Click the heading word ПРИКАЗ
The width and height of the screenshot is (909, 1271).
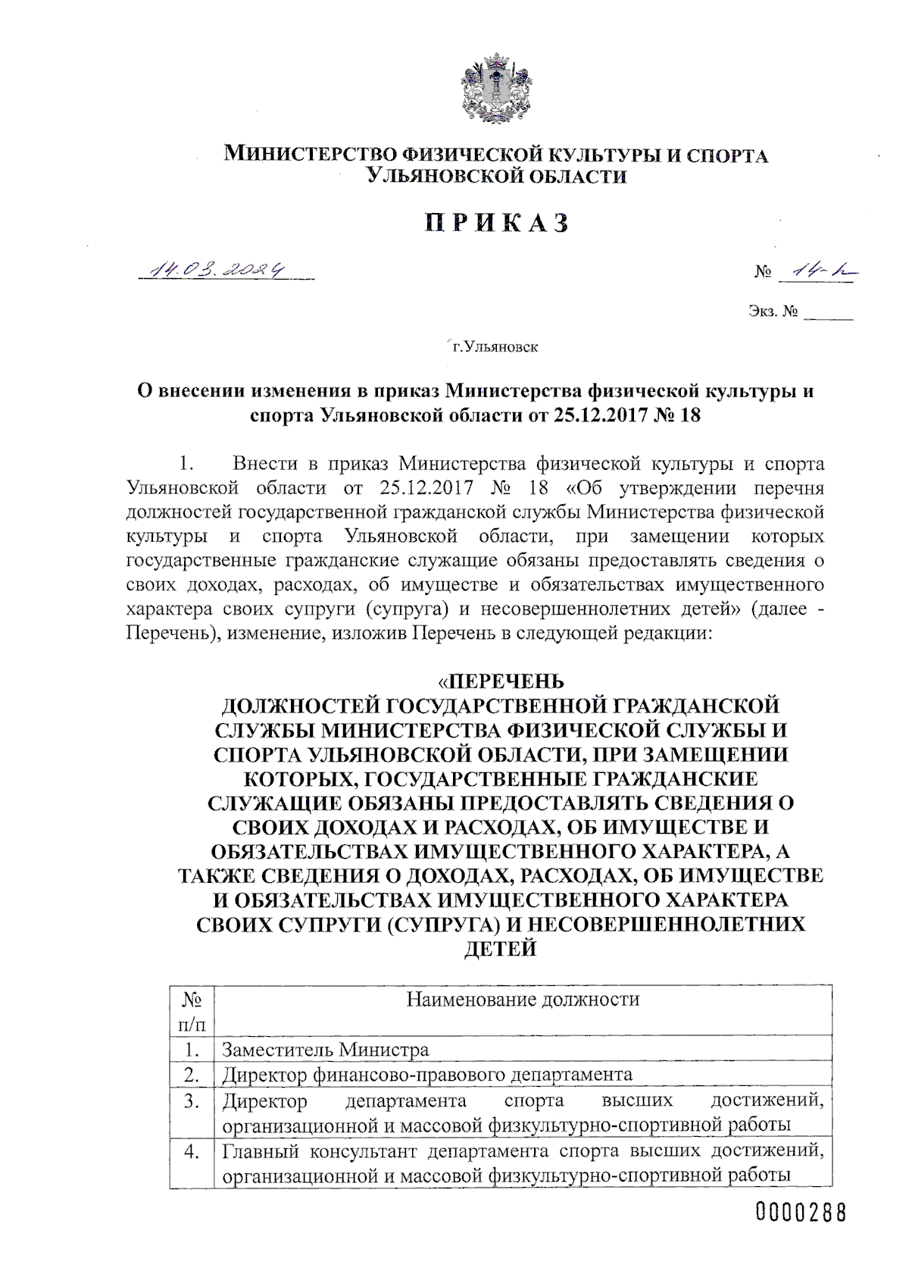497,223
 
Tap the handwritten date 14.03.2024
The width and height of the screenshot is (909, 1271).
220,269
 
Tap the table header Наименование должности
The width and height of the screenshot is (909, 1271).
523,999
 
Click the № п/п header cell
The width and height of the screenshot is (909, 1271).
192,1012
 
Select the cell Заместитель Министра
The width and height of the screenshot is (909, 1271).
325,1050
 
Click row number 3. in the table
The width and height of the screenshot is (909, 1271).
192,1100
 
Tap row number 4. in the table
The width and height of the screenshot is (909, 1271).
192,1150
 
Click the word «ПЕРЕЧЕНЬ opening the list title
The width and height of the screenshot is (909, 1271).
501,681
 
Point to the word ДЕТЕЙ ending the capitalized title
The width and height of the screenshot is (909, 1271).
500,948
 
